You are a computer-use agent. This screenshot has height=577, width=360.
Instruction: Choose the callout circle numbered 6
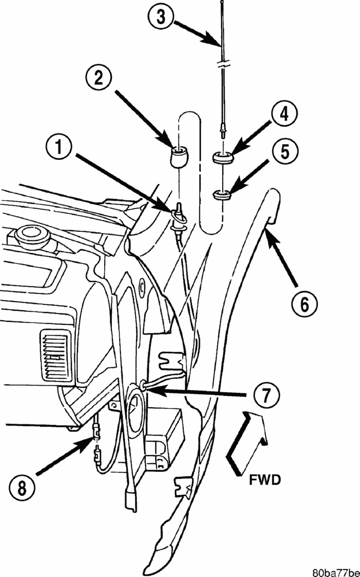pyautogui.click(x=304, y=304)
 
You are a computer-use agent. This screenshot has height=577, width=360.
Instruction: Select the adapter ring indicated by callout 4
pyautogui.click(x=222, y=158)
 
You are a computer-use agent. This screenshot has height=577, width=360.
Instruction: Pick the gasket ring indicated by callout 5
pyautogui.click(x=223, y=196)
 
